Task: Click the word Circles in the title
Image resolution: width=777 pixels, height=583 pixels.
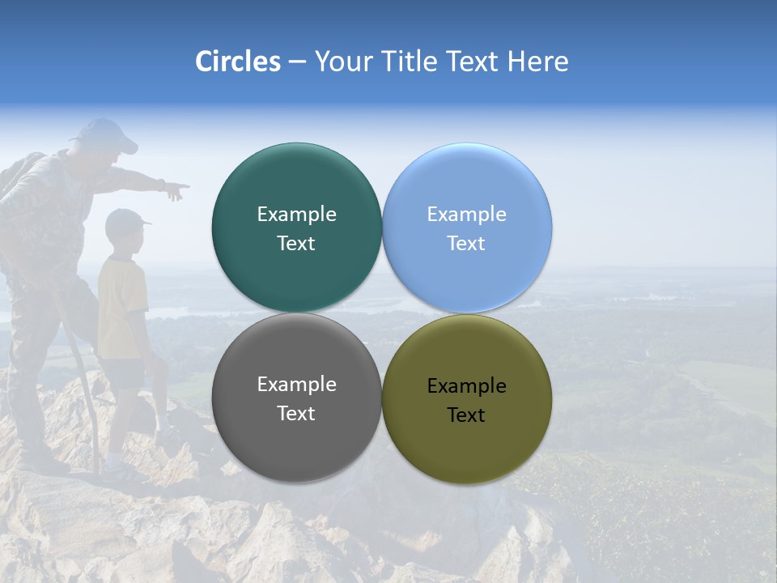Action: pyautogui.click(x=238, y=62)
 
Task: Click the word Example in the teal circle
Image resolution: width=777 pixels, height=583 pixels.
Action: pyautogui.click(x=296, y=214)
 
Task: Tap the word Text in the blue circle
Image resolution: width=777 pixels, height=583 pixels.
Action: pyautogui.click(x=466, y=243)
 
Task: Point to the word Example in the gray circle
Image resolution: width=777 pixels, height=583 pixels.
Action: pyautogui.click(x=296, y=384)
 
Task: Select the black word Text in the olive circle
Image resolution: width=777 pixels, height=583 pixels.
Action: pyautogui.click(x=466, y=415)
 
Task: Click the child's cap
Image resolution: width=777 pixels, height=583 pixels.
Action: pyautogui.click(x=126, y=218)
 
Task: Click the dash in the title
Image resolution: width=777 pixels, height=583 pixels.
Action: pyautogui.click(x=297, y=62)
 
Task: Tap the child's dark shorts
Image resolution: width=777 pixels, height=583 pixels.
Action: pyautogui.click(x=125, y=372)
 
